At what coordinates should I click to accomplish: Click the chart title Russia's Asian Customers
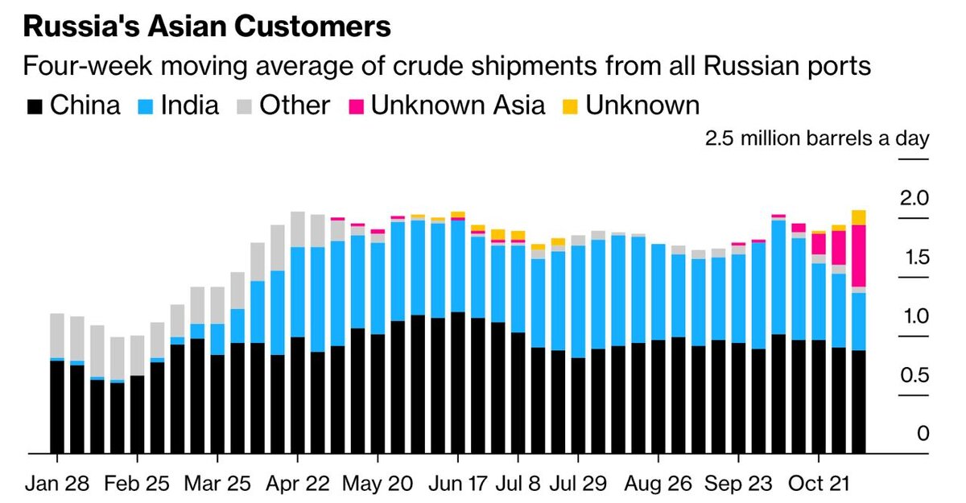(207, 27)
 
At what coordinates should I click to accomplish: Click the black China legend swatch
(35, 105)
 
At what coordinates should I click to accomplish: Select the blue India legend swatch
(148, 105)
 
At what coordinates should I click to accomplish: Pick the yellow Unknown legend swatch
(570, 105)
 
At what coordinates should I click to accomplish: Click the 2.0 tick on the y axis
(914, 199)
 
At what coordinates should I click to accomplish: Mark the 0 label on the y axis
(923, 435)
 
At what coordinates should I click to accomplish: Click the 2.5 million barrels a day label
(816, 138)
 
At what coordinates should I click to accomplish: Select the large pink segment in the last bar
(858, 255)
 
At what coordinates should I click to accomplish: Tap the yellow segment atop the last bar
(858, 217)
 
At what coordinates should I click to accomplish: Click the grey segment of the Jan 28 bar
(57, 335)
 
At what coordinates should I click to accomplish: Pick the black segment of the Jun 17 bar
(457, 382)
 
